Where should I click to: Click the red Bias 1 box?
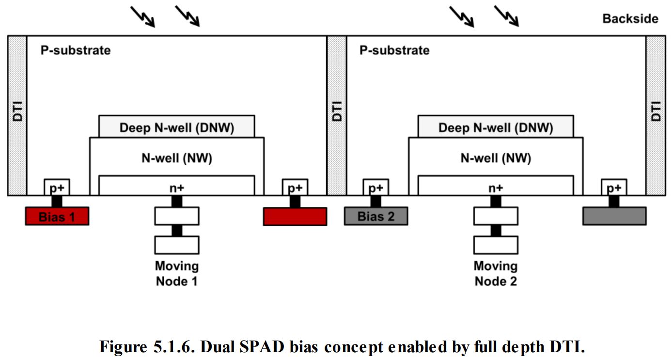pos(57,216)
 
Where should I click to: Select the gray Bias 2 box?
pos(376,216)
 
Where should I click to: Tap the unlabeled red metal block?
pos(295,216)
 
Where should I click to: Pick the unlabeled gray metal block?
pos(614,216)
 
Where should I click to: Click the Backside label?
pos(630,19)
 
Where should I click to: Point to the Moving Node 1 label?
pos(176,273)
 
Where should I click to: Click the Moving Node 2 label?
pos(495,273)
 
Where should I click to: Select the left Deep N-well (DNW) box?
pos(177,127)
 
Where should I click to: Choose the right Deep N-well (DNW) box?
pos(496,127)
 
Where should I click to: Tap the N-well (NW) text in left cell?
pos(177,158)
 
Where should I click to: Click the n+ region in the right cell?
pos(496,186)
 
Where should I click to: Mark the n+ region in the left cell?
pos(177,186)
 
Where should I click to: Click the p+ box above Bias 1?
pos(57,188)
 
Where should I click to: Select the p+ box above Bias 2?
pos(376,188)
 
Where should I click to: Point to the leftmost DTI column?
pos(17,115)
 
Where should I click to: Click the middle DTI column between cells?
pos(336,115)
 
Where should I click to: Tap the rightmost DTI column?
pos(655,115)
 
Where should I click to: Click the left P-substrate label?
pos(75,50)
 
